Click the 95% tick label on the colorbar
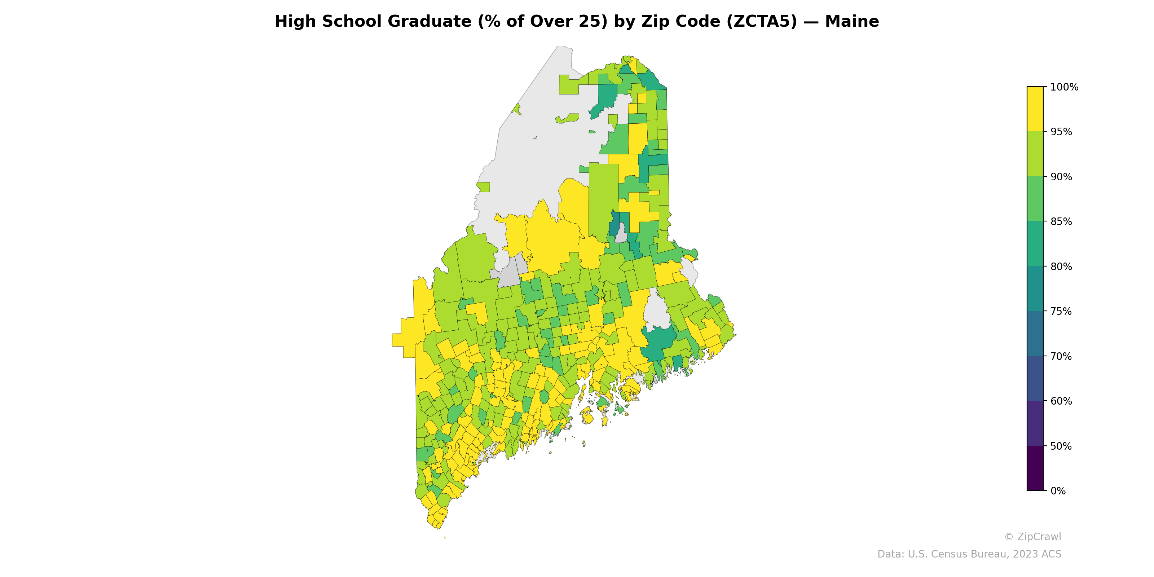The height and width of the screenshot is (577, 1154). (x=1061, y=132)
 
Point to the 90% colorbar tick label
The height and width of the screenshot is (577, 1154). (x=1061, y=176)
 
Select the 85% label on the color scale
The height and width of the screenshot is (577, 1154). (x=1061, y=221)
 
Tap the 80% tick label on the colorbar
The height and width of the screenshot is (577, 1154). (x=1061, y=267)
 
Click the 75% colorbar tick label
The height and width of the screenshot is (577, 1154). (x=1061, y=311)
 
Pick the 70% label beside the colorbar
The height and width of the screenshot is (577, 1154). (x=1061, y=356)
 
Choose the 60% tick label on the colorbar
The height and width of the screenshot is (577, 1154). (x=1061, y=401)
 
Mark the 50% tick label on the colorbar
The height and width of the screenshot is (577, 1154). (x=1061, y=446)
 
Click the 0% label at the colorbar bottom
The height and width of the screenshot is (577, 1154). (x=1058, y=491)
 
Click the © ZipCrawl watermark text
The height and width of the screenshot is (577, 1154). (x=1032, y=537)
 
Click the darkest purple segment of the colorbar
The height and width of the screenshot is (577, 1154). (x=1035, y=468)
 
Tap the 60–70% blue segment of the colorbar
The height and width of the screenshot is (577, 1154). (x=1035, y=379)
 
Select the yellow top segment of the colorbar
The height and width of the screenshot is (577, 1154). (x=1035, y=109)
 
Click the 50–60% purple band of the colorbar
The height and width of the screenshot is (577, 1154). (x=1035, y=423)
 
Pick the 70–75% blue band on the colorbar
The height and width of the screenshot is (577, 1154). (x=1035, y=334)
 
